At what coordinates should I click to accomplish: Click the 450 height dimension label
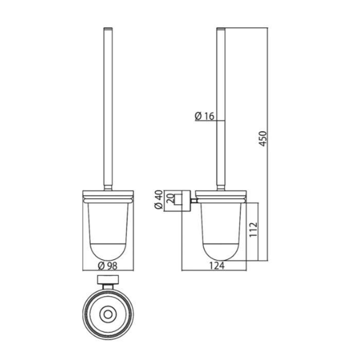click(x=263, y=139)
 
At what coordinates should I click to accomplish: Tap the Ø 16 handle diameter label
click(x=205, y=116)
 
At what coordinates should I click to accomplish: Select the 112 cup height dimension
click(x=254, y=230)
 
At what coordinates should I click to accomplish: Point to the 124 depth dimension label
click(x=217, y=266)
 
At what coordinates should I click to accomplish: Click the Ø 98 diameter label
click(x=107, y=266)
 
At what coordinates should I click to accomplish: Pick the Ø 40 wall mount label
click(x=158, y=200)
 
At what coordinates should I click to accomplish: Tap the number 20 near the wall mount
click(x=171, y=199)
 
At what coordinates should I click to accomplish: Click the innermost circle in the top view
click(x=108, y=314)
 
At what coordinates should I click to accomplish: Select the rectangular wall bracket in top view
click(x=108, y=280)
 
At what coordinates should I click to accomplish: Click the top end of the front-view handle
click(x=108, y=28)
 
